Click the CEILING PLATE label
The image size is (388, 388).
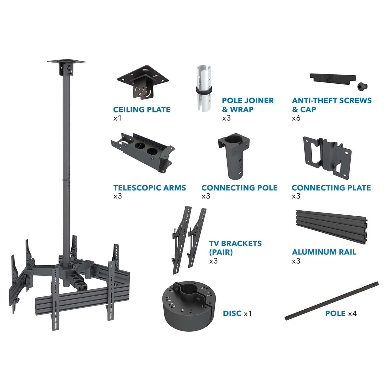click(142, 110)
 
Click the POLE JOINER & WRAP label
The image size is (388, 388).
click(248, 105)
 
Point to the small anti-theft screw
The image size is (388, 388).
click(363, 86)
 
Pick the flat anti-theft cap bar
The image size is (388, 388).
click(332, 78)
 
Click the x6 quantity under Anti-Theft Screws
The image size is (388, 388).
click(296, 118)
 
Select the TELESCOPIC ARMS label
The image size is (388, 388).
click(149, 188)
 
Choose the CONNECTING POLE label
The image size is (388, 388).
click(239, 188)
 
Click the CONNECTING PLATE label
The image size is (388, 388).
click(331, 188)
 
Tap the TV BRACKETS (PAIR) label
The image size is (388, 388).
click(235, 248)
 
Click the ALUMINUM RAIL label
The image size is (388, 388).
click(324, 252)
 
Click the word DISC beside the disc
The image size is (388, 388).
click(232, 313)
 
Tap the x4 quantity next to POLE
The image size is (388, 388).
click(352, 314)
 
